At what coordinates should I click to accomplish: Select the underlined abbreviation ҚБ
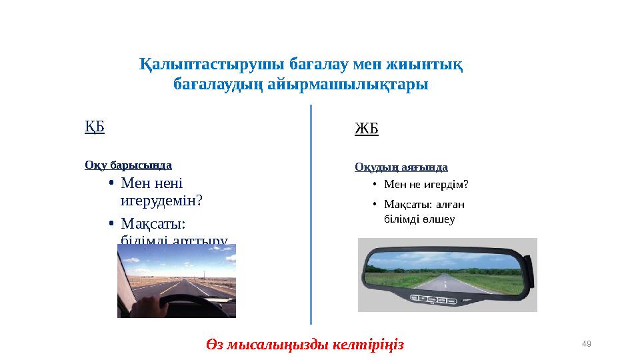pyautogui.click(x=95, y=127)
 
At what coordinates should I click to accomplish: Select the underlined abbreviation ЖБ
pyautogui.click(x=366, y=129)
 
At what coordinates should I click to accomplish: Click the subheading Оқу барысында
pyautogui.click(x=128, y=165)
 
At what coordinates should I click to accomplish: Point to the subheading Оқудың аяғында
pyautogui.click(x=401, y=167)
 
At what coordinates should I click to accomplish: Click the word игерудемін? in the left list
pyautogui.click(x=161, y=200)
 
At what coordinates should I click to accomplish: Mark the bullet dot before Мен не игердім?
pyautogui.click(x=375, y=185)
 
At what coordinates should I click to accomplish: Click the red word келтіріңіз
pyautogui.click(x=371, y=345)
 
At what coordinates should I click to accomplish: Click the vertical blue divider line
pyautogui.click(x=311, y=213)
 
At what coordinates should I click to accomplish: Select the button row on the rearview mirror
pyautogui.click(x=434, y=299)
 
